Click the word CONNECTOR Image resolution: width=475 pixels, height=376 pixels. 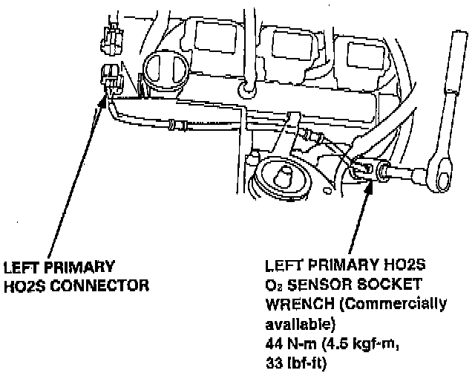[101, 285]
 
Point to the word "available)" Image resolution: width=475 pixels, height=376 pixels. [294, 324]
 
